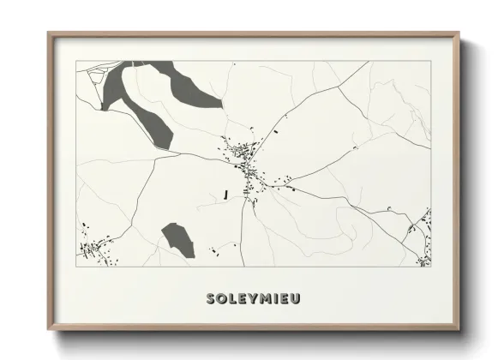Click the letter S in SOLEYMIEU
210,299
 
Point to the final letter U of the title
296,299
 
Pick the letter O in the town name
221,299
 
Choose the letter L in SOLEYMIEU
232,299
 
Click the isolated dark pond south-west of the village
177,239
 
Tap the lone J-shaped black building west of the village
225,195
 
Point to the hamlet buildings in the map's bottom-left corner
94,249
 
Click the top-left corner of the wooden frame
49,33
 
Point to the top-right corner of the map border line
430,61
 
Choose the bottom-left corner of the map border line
76,267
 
